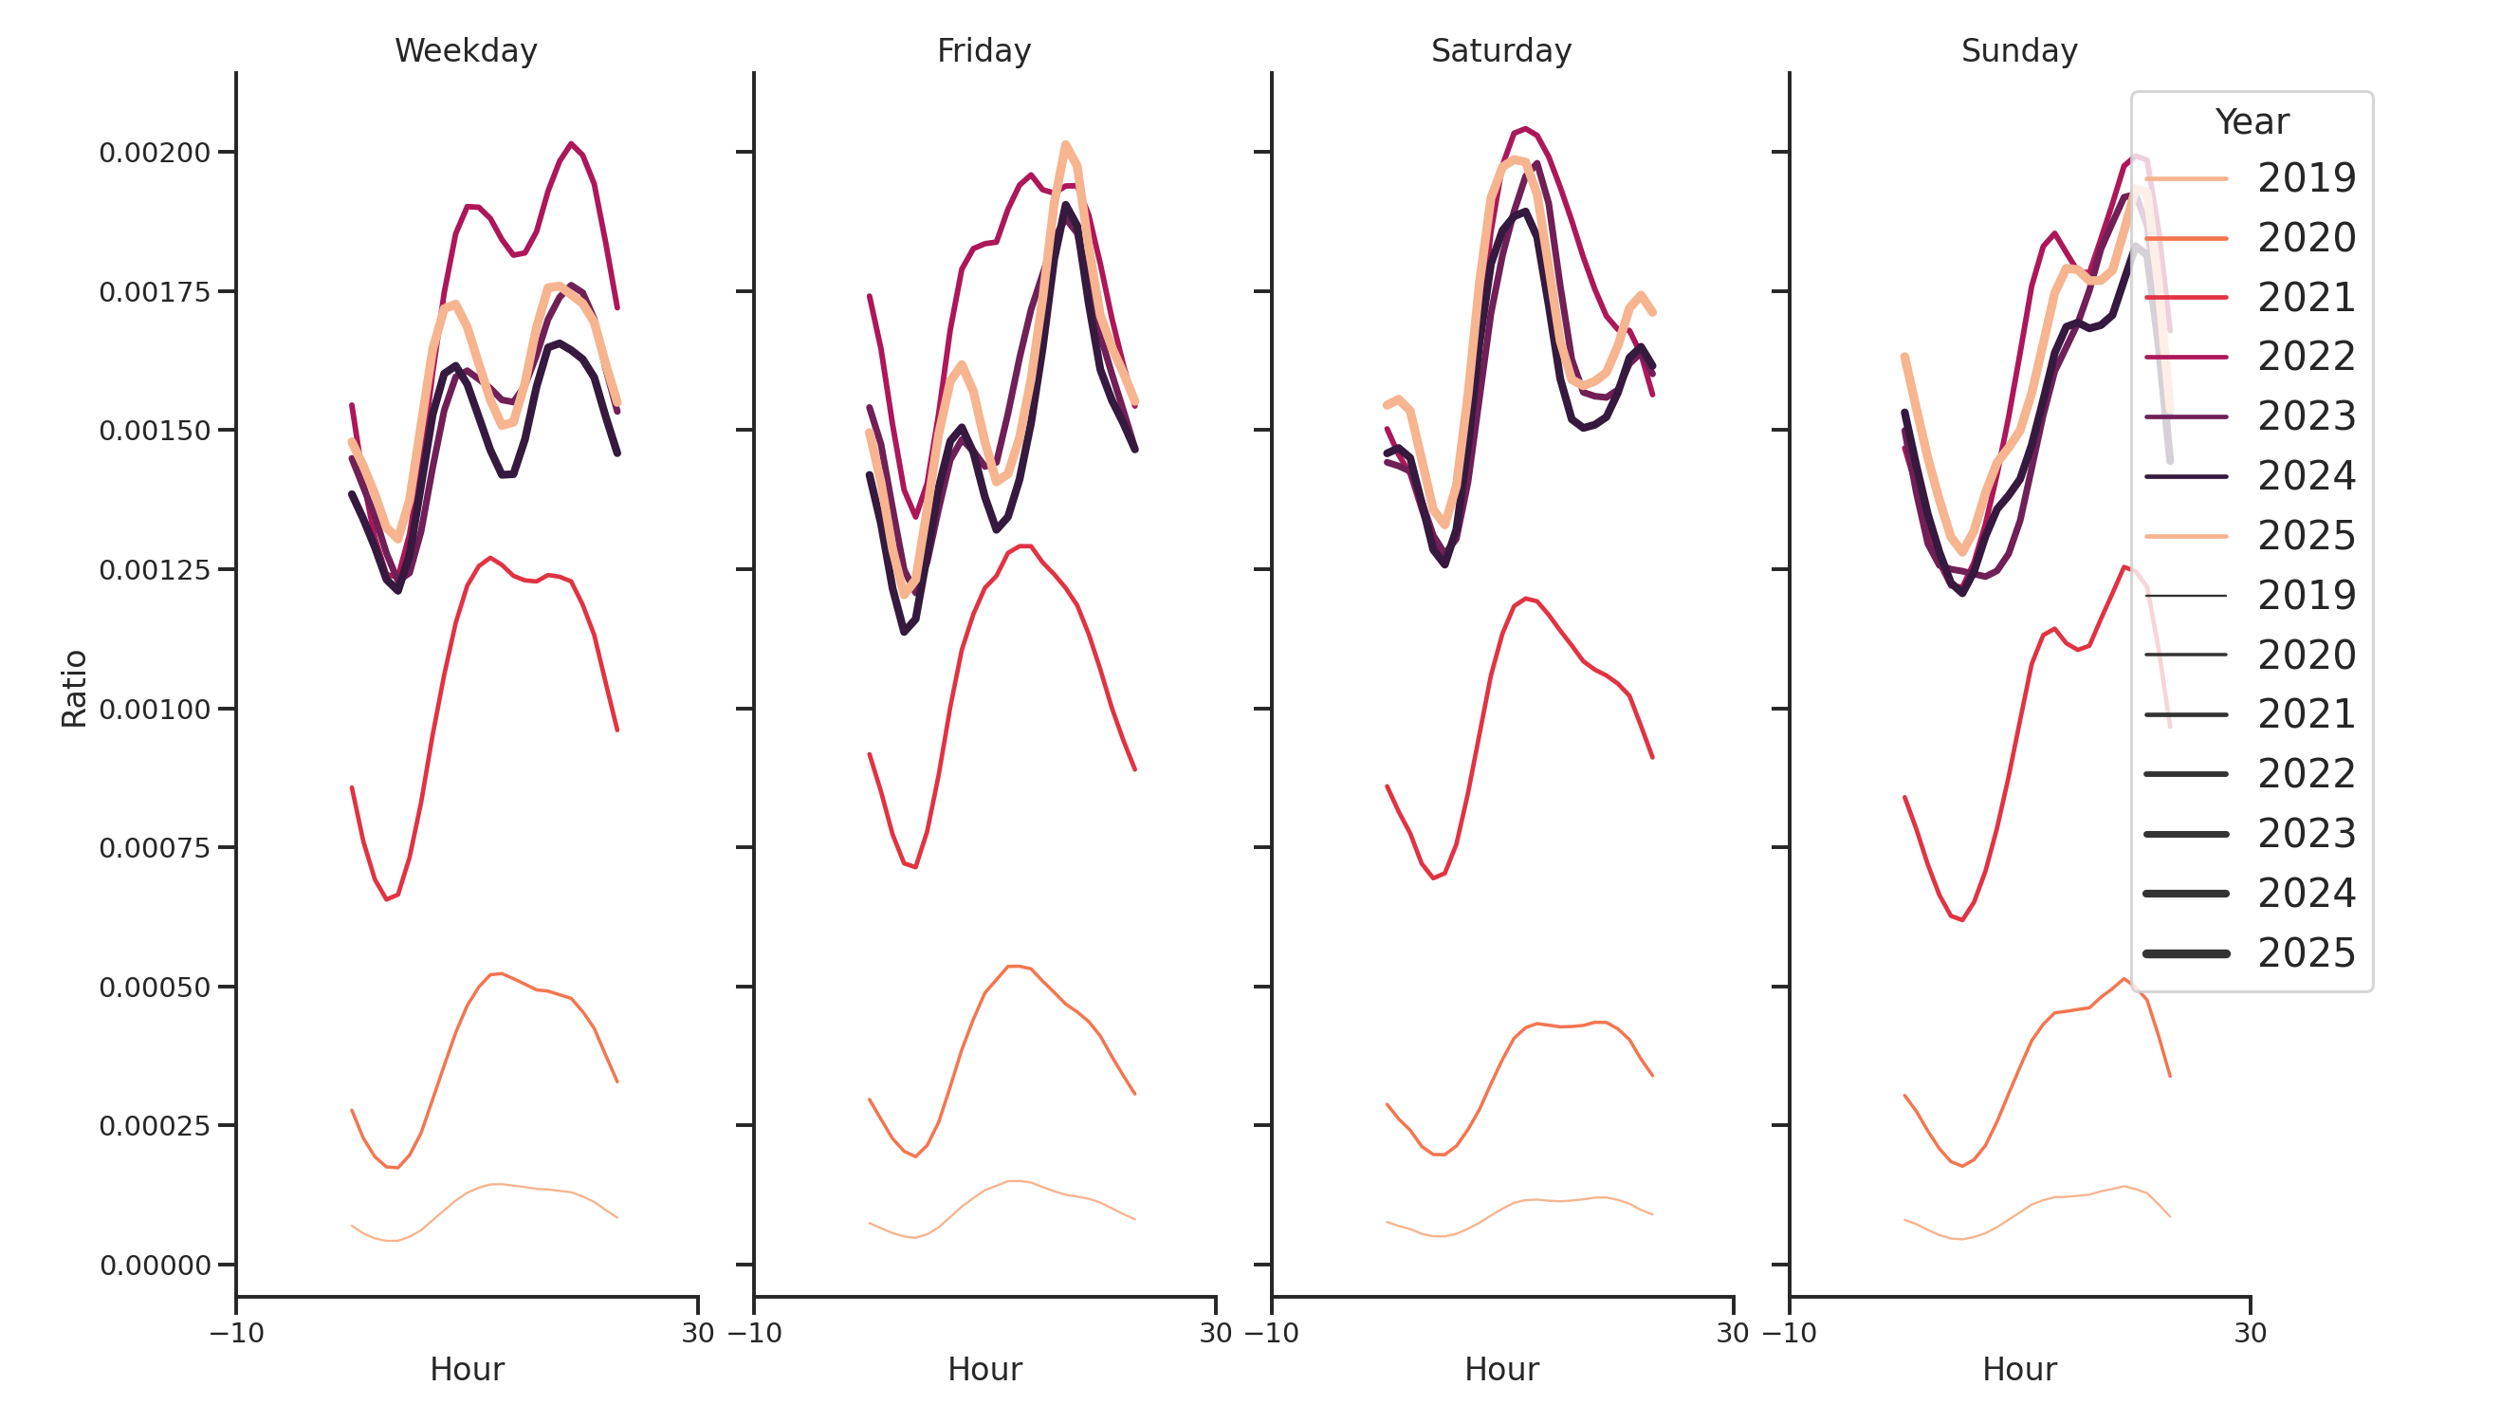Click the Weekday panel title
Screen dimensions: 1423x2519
pyautogui.click(x=466, y=51)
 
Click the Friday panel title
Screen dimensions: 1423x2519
pyautogui.click(x=983, y=51)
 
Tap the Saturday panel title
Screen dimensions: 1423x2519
pyautogui.click(x=1500, y=51)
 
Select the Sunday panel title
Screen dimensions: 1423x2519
pyautogui.click(x=2018, y=51)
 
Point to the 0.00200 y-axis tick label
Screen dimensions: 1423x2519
pyautogui.click(x=155, y=153)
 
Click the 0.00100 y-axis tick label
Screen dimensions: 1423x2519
pyautogui.click(x=155, y=709)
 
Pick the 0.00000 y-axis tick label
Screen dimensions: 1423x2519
pyautogui.click(x=155, y=1266)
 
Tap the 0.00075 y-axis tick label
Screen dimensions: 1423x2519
pyautogui.click(x=155, y=848)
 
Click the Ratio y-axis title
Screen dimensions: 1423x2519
pyautogui.click(x=74, y=689)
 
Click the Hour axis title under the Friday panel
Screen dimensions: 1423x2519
pyautogui.click(x=984, y=1369)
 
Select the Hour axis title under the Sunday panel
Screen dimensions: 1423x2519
pyautogui.click(x=2018, y=1369)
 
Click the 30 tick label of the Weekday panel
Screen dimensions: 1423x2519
pyautogui.click(x=697, y=1333)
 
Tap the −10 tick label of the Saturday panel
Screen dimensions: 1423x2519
pyautogui.click(x=1270, y=1333)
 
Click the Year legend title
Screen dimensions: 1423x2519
pyautogui.click(x=2251, y=122)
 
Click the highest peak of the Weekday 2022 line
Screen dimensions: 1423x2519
pyautogui.click(x=571, y=144)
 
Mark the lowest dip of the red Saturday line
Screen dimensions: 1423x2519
pyautogui.click(x=1434, y=878)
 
